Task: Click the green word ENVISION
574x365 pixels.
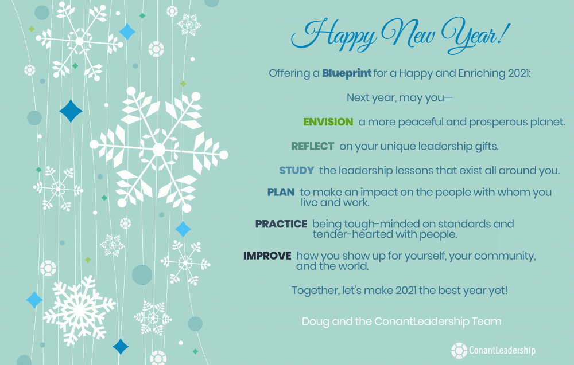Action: [328, 121]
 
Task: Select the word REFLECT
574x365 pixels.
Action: [313, 146]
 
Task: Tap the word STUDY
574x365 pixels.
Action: [297, 171]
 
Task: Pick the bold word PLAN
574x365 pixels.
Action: [281, 192]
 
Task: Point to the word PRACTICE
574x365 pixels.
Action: [281, 224]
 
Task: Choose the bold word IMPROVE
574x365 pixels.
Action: [267, 256]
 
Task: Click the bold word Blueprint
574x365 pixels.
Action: [347, 73]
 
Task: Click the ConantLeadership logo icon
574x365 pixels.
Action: [459, 350]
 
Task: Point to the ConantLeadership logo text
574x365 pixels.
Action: [502, 350]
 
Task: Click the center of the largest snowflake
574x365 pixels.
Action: [159, 150]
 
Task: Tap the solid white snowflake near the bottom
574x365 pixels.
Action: [79, 310]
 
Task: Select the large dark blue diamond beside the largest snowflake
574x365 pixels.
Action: [71, 111]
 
